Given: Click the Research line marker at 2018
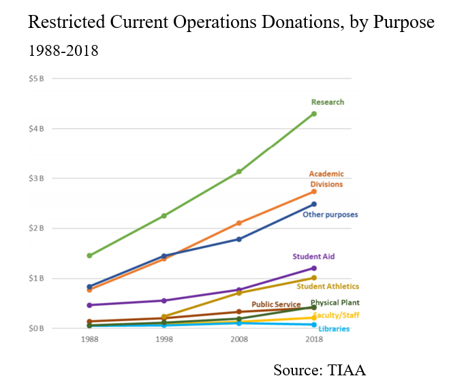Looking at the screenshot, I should pyautogui.click(x=314, y=114).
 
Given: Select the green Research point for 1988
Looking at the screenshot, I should pyautogui.click(x=90, y=255).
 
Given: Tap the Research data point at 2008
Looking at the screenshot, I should pyautogui.click(x=239, y=172).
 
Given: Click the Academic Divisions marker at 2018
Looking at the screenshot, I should pyautogui.click(x=314, y=191).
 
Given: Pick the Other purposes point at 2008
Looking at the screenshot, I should pyautogui.click(x=239, y=239).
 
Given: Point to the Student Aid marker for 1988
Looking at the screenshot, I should pyautogui.click(x=90, y=305).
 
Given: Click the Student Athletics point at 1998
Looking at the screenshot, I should pyautogui.click(x=164, y=317).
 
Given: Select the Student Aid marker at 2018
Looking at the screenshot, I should pyautogui.click(x=314, y=268).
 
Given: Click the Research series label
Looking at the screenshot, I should pyautogui.click(x=328, y=102).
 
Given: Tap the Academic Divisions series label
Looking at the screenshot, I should pyautogui.click(x=326, y=179).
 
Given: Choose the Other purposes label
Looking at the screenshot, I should pyautogui.click(x=330, y=215).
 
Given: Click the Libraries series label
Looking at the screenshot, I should pyautogui.click(x=334, y=329).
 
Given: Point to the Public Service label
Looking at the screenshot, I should pyautogui.click(x=276, y=304).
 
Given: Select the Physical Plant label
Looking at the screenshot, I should pyautogui.click(x=335, y=302).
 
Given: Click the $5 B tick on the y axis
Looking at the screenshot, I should pyautogui.click(x=36, y=78).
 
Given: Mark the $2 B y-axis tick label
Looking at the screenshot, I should pyautogui.click(x=36, y=228).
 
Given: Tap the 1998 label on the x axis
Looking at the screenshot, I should pyautogui.click(x=164, y=339).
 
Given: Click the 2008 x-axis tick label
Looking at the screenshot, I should pyautogui.click(x=239, y=339).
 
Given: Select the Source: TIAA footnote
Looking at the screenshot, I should pyautogui.click(x=320, y=370).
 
